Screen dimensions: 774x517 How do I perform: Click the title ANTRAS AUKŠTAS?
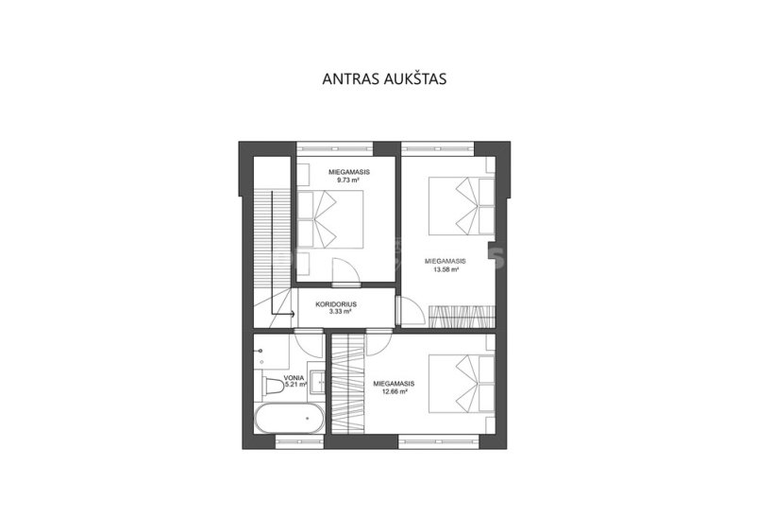point(384,79)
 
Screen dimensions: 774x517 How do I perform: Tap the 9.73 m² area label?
point(348,181)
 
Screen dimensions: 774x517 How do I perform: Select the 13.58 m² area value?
point(446,270)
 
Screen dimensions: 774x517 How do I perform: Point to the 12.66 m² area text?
point(394,391)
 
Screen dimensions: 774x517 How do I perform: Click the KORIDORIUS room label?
point(336,304)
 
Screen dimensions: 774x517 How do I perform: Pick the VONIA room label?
point(294,378)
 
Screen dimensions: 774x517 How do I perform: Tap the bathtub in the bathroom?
point(289,419)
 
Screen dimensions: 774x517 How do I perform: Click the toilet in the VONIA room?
point(271,386)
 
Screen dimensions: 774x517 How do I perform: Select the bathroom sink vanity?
point(316,381)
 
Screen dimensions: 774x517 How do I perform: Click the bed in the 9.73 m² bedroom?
point(330,219)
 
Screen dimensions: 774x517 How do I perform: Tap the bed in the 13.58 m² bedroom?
point(462,206)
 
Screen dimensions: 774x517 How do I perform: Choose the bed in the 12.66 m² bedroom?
point(462,383)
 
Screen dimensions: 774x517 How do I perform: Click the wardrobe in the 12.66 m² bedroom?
point(348,384)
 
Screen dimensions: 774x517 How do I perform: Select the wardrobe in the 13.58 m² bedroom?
point(461,317)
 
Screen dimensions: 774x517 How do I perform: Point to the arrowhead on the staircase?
point(293,314)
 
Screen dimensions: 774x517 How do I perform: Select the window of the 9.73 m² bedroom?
point(335,148)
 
